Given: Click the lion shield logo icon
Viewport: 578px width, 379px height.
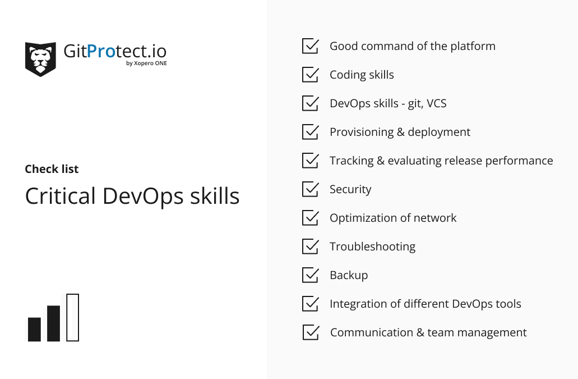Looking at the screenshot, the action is click(x=40, y=59).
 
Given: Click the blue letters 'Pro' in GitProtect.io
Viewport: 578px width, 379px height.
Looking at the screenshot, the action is click(x=101, y=51).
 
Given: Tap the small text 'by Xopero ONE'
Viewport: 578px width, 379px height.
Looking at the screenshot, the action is click(x=146, y=63).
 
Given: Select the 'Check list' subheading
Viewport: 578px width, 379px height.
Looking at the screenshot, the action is click(x=52, y=169).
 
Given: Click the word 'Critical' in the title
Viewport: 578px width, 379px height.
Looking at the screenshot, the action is click(x=61, y=195).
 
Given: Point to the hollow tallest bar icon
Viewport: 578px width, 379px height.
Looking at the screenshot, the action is click(x=73, y=317).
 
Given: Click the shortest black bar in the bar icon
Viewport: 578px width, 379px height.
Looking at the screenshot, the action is click(x=35, y=329).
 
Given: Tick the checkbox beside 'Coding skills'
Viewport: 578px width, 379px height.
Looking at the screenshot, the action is click(x=311, y=75).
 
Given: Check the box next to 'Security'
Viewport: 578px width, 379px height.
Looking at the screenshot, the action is click(x=311, y=189).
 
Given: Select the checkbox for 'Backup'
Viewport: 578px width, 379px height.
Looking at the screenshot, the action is click(x=311, y=275).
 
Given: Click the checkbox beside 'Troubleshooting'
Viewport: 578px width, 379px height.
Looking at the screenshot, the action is click(x=311, y=246).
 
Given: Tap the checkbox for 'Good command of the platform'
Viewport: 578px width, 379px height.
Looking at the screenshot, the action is click(x=311, y=45).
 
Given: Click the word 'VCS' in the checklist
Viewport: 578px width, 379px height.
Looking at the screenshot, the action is click(x=437, y=103).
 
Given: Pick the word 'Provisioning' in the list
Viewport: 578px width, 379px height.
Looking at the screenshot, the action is click(x=362, y=132).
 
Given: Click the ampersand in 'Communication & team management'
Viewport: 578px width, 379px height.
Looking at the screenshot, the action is click(x=420, y=332).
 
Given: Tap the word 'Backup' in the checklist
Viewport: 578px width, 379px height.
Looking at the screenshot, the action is click(x=349, y=275).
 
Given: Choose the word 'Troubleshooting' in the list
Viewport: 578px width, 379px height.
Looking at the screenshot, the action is click(x=373, y=246).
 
